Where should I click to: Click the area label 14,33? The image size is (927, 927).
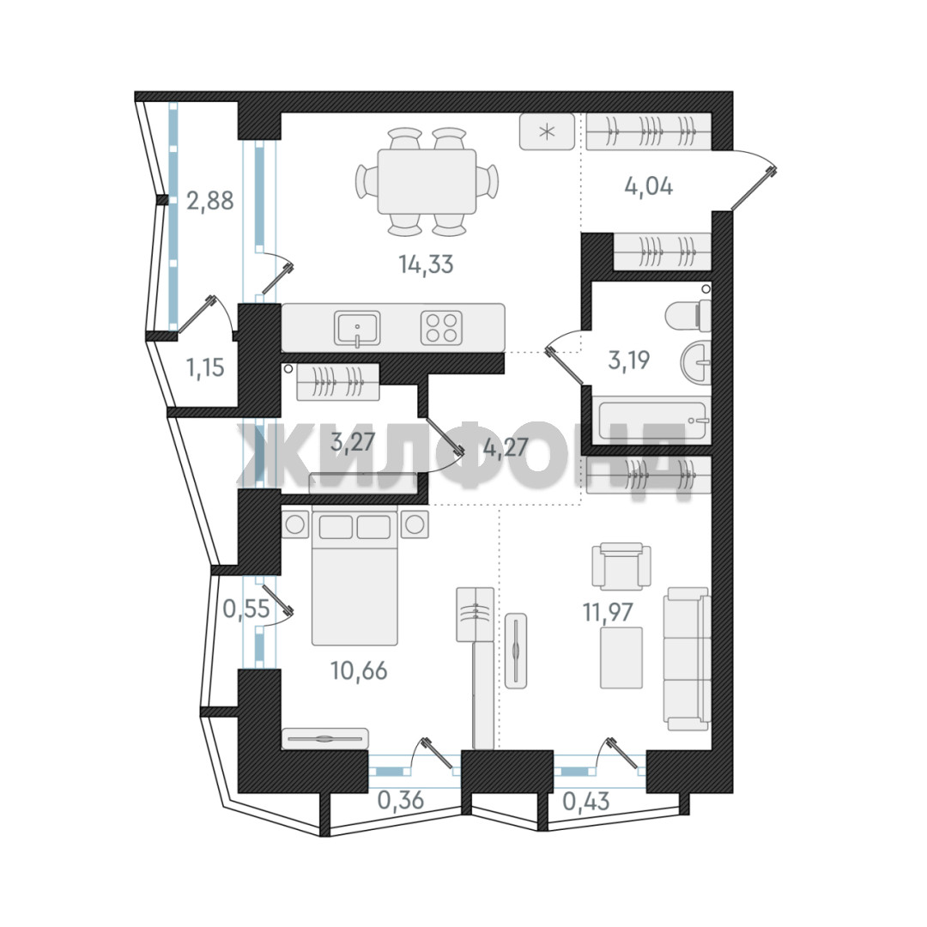(426, 264)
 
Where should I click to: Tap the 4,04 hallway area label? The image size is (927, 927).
(649, 187)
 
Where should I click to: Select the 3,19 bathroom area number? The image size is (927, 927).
(629, 360)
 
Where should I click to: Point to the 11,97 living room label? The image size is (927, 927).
(608, 613)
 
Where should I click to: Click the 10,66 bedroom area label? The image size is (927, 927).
(359, 670)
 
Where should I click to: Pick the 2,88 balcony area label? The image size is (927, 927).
(210, 201)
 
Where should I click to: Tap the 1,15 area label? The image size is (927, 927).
(206, 367)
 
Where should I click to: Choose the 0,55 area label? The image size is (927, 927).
(246, 608)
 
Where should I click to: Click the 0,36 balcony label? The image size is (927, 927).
(401, 800)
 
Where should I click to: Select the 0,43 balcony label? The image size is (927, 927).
(586, 801)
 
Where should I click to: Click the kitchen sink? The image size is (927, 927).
(357, 328)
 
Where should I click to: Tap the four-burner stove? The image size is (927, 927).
(442, 328)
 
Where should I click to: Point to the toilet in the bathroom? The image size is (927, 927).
(688, 316)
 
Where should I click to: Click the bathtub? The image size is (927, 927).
(652, 421)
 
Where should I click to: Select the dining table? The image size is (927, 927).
(427, 181)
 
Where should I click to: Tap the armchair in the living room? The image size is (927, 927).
(621, 566)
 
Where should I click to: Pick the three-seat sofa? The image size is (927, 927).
(687, 658)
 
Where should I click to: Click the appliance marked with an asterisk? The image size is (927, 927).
(547, 131)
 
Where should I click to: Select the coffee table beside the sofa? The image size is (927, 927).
(621, 657)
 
